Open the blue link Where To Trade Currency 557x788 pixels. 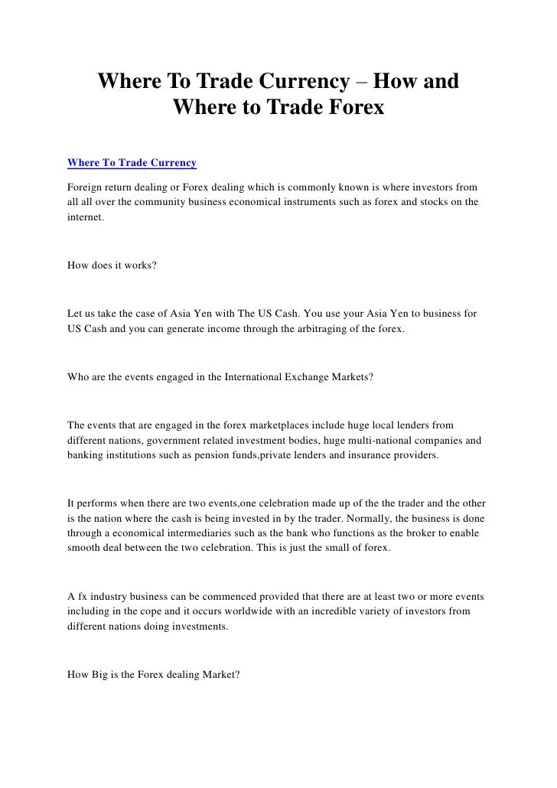click(132, 163)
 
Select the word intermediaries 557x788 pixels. click(202, 536)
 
